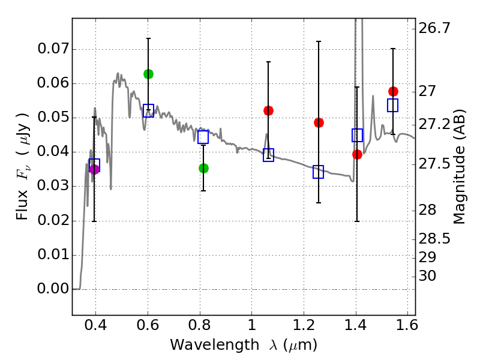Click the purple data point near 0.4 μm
[94, 169]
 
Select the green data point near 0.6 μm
[148, 74]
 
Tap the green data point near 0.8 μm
[203, 168]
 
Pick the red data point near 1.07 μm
[268, 110]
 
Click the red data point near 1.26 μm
[319, 122]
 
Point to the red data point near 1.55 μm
[393, 91]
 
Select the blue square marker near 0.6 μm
[148, 110]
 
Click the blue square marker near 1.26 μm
[319, 172]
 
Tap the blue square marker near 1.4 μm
[358, 135]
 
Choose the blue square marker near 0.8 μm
[203, 137]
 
